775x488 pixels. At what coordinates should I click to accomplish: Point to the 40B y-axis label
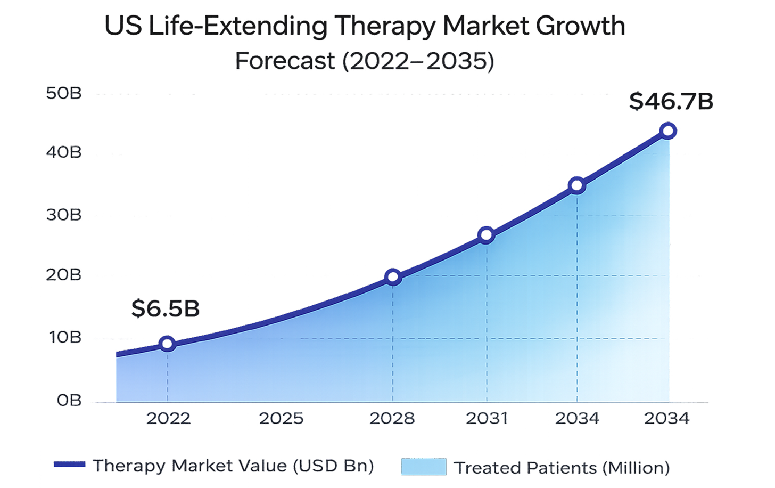[x=63, y=153]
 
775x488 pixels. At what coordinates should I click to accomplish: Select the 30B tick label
[x=63, y=215]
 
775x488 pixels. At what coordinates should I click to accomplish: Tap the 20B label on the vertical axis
[x=63, y=275]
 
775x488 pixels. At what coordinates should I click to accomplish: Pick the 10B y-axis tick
[x=63, y=338]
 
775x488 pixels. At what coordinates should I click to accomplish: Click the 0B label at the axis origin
[x=69, y=401]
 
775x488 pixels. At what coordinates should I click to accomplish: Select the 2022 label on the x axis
[x=168, y=419]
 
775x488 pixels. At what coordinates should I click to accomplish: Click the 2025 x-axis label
[x=281, y=419]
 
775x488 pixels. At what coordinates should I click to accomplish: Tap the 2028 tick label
[x=392, y=419]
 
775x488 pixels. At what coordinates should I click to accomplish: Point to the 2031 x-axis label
[x=487, y=419]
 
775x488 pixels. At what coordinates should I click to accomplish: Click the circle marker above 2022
[x=168, y=344]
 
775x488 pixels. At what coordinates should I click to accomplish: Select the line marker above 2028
[x=393, y=277]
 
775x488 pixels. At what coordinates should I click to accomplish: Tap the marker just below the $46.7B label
[x=668, y=131]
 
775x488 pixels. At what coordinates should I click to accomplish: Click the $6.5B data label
[x=165, y=310]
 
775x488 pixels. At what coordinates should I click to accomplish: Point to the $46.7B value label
[x=671, y=102]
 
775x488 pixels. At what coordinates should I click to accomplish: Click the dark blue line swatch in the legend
[x=69, y=465]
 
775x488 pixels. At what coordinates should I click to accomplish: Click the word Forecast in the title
[x=285, y=62]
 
